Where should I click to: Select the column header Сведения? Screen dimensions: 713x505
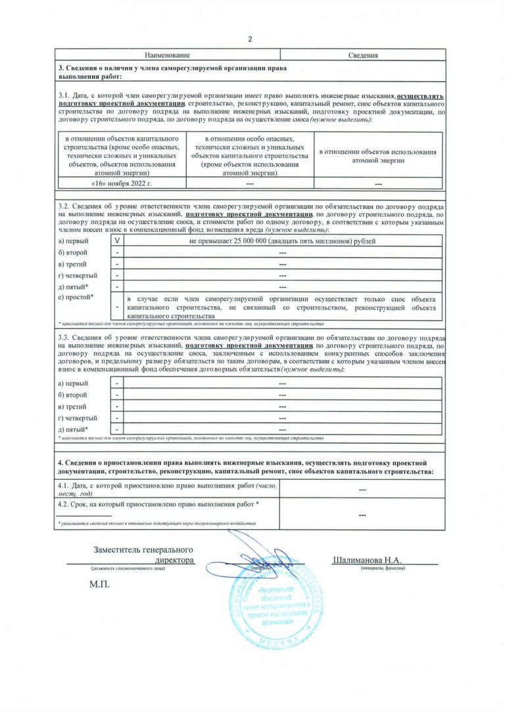pyautogui.click(x=363, y=55)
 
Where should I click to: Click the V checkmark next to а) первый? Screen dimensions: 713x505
pyautogui.click(x=117, y=241)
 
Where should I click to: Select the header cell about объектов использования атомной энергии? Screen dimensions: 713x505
pyautogui.click(x=377, y=156)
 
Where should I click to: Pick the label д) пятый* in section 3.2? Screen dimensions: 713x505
pyautogui.click(x=74, y=287)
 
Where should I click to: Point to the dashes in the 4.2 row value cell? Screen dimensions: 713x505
pyautogui.click(x=362, y=516)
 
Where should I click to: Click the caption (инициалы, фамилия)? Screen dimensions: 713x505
pyautogui.click(x=383, y=568)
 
